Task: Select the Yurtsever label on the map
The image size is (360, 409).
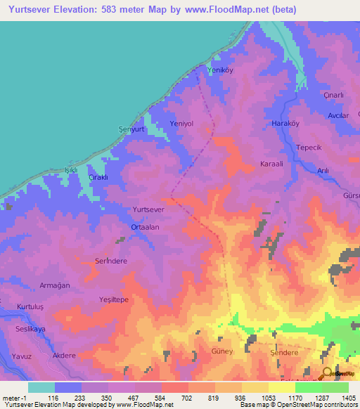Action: tap(148, 209)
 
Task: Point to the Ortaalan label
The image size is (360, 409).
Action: tap(145, 227)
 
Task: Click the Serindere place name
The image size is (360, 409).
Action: tap(110, 260)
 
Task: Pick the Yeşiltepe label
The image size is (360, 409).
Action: tap(113, 299)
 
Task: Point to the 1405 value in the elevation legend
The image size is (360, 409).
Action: tap(348, 397)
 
